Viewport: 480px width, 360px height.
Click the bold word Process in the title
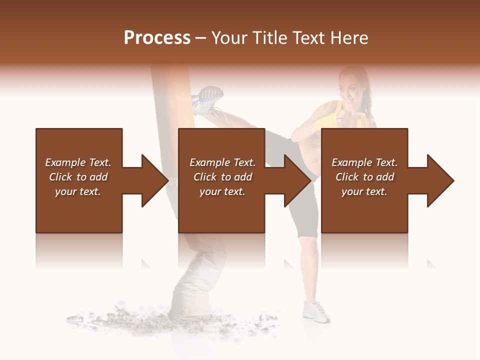[x=157, y=38]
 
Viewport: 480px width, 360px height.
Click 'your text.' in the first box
[x=78, y=191]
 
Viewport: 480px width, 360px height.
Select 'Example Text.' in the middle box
[x=222, y=162]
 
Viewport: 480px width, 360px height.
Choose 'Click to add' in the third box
[x=365, y=177]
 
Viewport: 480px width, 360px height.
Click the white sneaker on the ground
[x=315, y=310]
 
